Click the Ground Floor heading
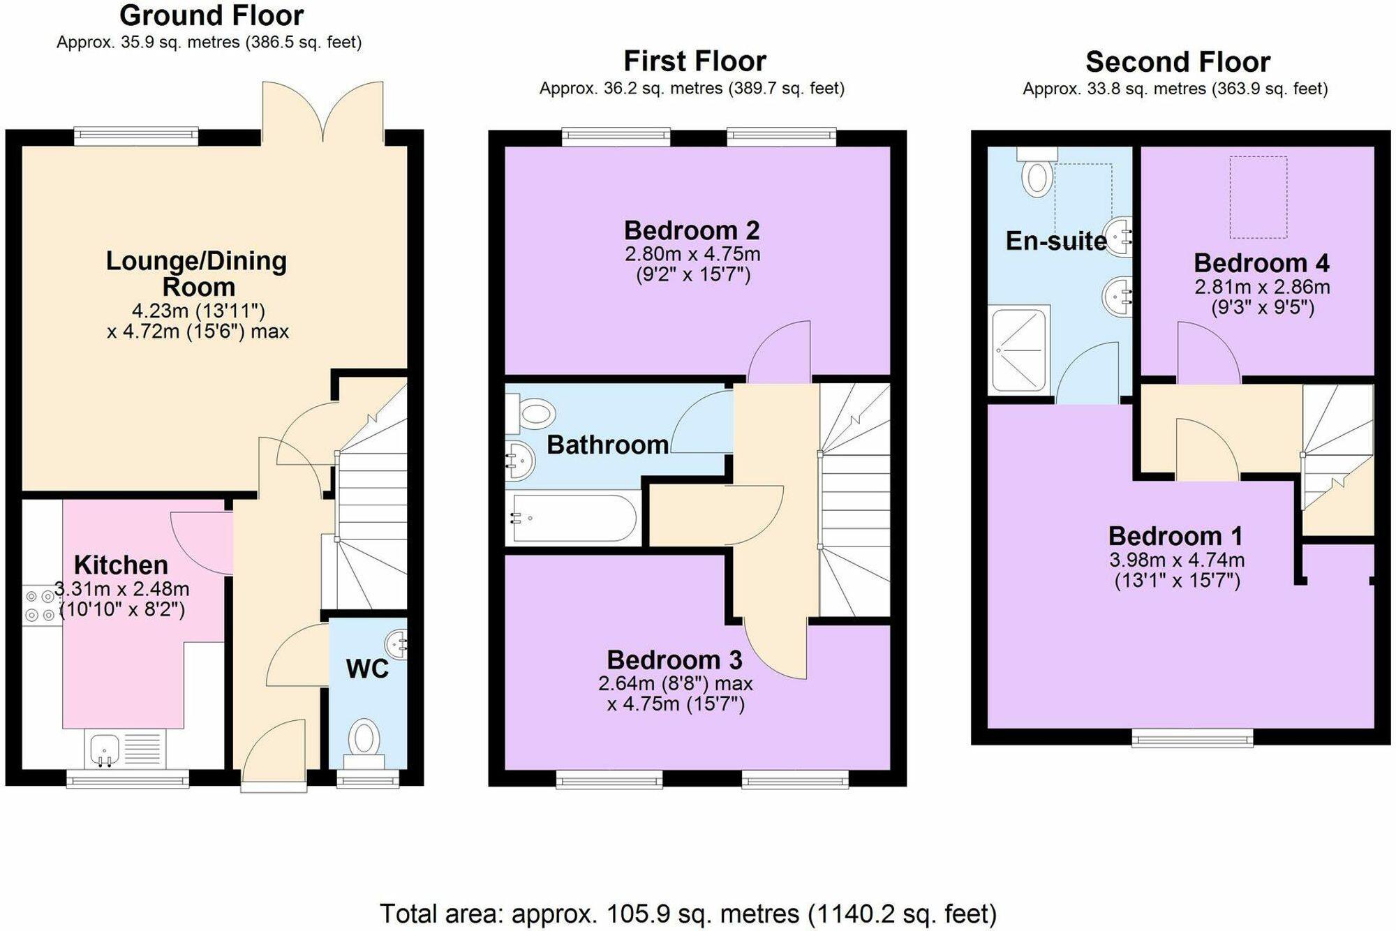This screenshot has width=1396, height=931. click(x=211, y=15)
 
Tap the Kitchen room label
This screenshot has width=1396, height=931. click(x=121, y=565)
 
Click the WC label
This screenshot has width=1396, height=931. click(x=367, y=669)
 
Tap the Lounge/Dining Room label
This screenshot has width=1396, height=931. click(x=197, y=274)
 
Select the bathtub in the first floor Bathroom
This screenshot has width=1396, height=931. click(x=574, y=518)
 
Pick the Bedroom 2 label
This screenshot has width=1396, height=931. click(x=692, y=230)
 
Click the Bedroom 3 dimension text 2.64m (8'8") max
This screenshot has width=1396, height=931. click(x=675, y=683)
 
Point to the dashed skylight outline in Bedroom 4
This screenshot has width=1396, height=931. click(x=1258, y=198)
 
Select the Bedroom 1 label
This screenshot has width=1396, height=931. click(x=1176, y=536)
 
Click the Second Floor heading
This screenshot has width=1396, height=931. click(x=1178, y=62)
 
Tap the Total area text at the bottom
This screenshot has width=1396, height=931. click(x=688, y=913)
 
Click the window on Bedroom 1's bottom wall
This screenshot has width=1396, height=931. click(x=1191, y=737)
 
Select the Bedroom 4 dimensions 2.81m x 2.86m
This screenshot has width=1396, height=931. click(x=1262, y=287)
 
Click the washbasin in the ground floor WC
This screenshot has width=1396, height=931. click(x=396, y=643)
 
